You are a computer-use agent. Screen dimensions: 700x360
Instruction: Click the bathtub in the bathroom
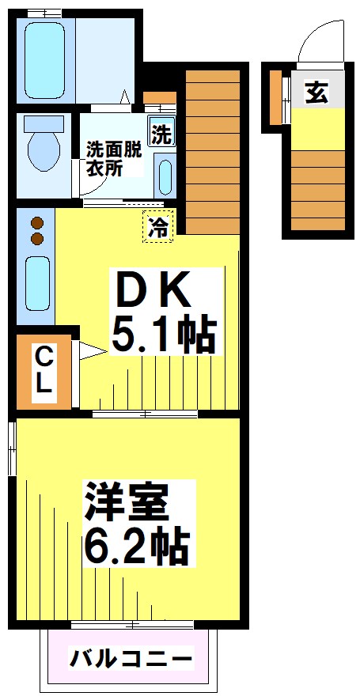44,59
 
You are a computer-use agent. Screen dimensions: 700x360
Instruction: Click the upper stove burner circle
36,223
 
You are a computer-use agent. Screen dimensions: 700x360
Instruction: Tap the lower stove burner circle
36,238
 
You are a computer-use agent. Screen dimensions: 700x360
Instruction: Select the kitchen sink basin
36,282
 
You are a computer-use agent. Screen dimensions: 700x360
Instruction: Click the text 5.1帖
162,336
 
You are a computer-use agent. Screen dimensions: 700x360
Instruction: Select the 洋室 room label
127,504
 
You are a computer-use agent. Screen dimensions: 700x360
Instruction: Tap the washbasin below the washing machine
165,177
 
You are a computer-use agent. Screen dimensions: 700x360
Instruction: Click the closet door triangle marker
89,352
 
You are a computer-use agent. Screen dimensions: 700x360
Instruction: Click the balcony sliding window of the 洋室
131,625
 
